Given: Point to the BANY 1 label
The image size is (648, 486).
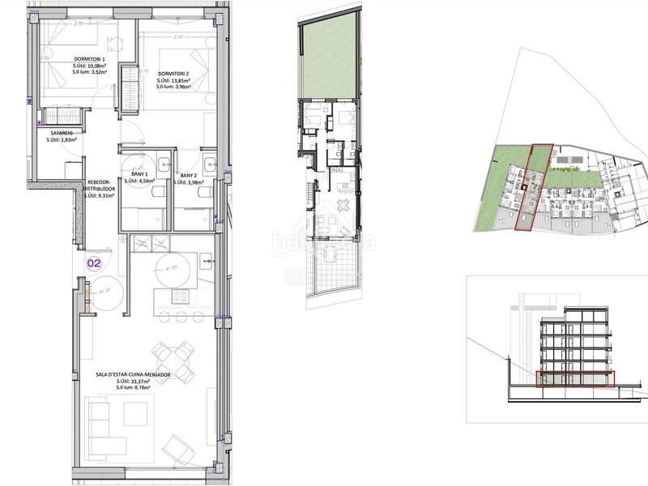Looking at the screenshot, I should (139, 174).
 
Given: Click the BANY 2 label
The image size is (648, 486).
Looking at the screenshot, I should (189, 175).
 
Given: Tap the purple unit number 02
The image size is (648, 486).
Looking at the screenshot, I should (94, 262).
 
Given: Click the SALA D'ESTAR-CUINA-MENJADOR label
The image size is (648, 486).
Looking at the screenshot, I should (143, 375).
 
